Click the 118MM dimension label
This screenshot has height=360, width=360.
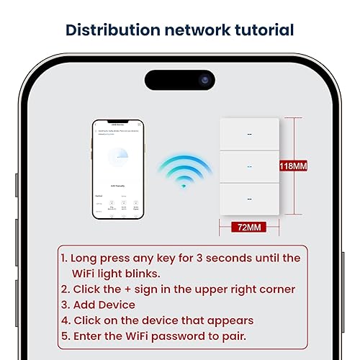coord(293,166)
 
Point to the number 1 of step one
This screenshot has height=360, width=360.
coord(63,258)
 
